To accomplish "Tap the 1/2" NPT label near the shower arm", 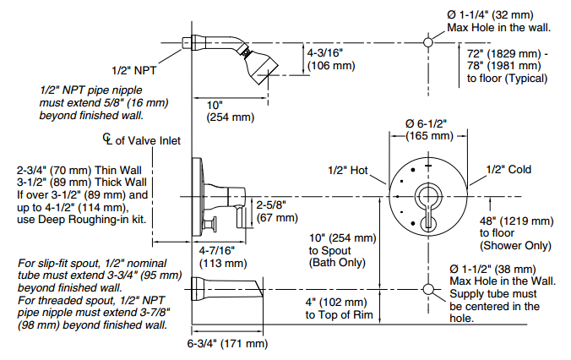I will click(134, 70).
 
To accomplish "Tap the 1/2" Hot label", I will click(348, 171).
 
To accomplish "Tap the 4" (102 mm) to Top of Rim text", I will click(340, 309).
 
